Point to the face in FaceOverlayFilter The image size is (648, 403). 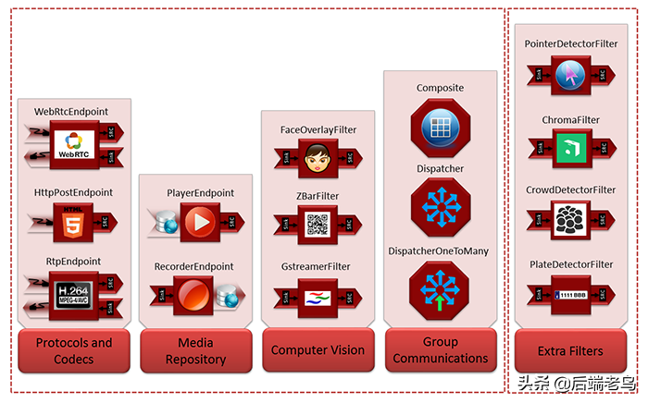point(318,156)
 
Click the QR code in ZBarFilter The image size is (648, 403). point(317,224)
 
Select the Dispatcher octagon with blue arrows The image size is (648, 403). point(440,209)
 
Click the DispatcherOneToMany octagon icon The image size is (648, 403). point(440,290)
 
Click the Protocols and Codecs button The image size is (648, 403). point(74,350)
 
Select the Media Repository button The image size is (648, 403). point(195,350)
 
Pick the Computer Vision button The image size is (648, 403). point(318,350)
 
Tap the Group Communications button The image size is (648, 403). point(441,350)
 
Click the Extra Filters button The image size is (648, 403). point(570,350)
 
